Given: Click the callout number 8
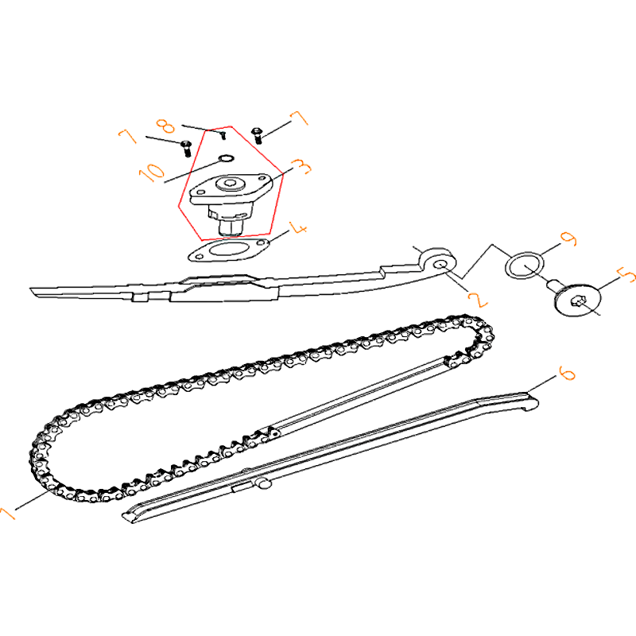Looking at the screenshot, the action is [165, 126].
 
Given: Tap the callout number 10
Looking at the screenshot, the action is [152, 173].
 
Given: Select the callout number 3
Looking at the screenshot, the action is [301, 167].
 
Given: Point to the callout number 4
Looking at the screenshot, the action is [298, 228].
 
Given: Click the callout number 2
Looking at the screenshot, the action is [478, 300].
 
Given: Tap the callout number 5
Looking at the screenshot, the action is [626, 275].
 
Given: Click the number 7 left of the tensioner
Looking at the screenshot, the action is [128, 136].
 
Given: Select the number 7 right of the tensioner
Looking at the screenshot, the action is [300, 118].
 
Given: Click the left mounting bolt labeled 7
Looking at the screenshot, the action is [186, 149].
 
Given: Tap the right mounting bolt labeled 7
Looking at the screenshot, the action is [257, 135].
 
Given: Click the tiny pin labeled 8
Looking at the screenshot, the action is [223, 134].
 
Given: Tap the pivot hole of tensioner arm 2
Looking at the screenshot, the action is [440, 265].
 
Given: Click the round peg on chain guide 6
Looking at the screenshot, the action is [264, 483].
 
